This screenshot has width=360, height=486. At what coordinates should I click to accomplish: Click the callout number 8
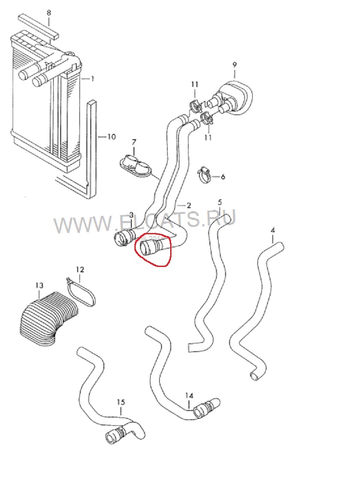(x=49, y=13)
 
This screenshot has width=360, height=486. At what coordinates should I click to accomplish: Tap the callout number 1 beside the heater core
(x=92, y=79)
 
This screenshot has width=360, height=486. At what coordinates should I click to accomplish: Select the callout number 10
(x=111, y=137)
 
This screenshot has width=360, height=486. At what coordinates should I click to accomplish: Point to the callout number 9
(x=234, y=65)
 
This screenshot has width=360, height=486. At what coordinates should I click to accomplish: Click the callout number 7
(x=134, y=142)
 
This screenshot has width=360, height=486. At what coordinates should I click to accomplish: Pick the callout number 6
(x=223, y=177)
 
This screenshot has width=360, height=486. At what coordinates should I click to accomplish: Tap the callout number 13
(x=39, y=285)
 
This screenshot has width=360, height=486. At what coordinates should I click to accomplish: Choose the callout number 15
(x=120, y=402)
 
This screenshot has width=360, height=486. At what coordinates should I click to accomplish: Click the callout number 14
(x=189, y=396)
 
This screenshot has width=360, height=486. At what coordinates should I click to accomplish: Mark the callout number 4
(x=273, y=230)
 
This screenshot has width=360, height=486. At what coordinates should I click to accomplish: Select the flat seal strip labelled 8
(x=38, y=26)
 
